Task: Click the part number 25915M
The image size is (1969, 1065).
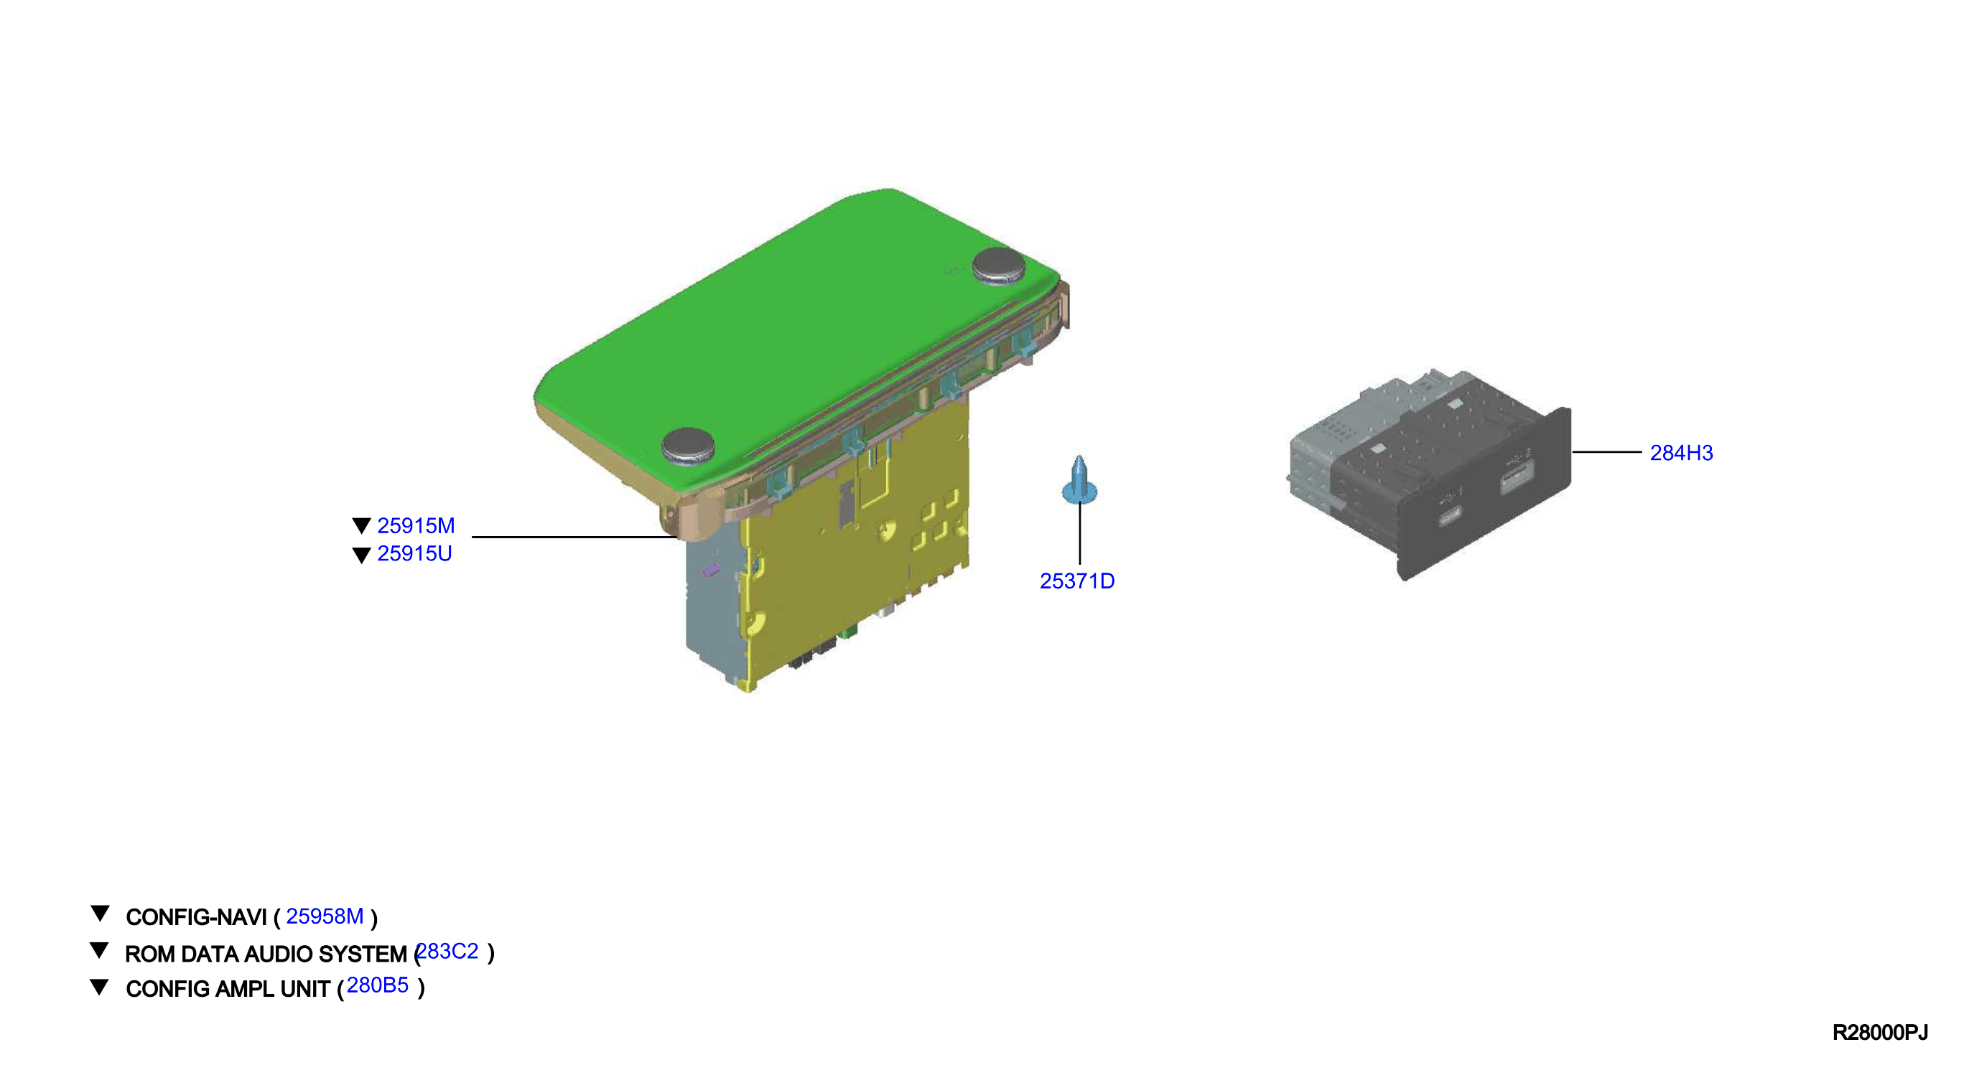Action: tap(416, 525)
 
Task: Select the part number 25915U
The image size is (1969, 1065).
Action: tap(414, 553)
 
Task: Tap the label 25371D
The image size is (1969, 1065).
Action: tap(1077, 581)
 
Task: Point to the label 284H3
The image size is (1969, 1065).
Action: tap(1682, 453)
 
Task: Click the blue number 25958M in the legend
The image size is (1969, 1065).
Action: tap(325, 916)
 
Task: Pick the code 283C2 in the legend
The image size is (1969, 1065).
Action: tap(448, 951)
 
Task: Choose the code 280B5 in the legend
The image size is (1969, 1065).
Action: tap(378, 985)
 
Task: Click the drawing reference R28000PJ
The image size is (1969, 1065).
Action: tap(1879, 1033)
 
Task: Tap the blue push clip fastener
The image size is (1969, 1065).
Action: tap(1079, 481)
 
